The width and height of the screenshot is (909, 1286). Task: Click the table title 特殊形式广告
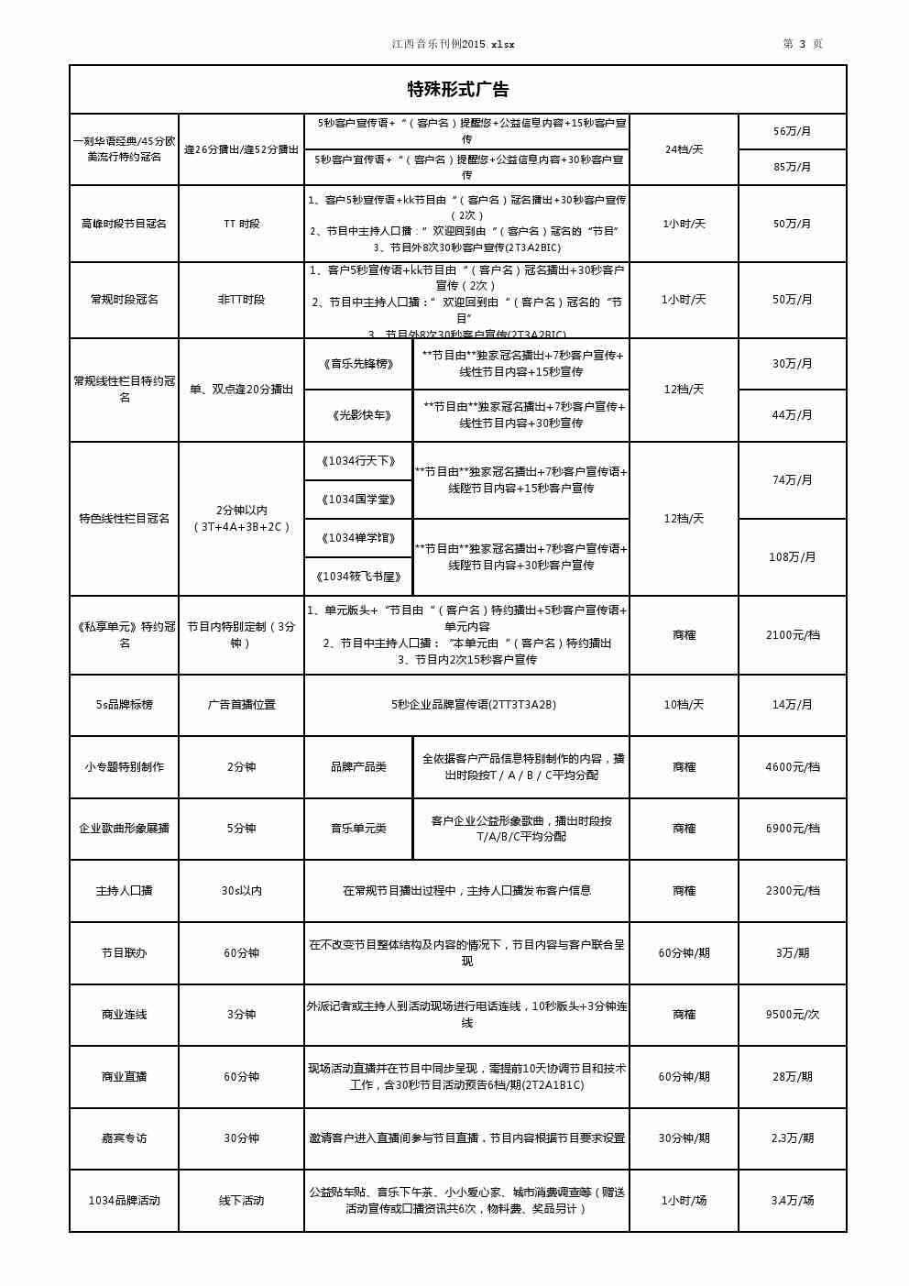click(x=457, y=90)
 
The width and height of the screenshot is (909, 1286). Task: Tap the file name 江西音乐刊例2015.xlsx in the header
click(x=454, y=44)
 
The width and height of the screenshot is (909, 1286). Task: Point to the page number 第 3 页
click(x=802, y=44)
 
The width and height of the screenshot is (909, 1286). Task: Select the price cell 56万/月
click(x=792, y=131)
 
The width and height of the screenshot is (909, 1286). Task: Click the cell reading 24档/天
click(x=684, y=149)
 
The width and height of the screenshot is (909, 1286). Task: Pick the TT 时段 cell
click(x=241, y=224)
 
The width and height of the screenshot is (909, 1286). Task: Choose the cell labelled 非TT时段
click(x=241, y=300)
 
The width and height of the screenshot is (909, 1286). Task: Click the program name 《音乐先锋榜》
click(x=358, y=364)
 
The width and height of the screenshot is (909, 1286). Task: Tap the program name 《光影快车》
click(x=358, y=415)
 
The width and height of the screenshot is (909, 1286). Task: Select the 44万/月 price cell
click(x=792, y=415)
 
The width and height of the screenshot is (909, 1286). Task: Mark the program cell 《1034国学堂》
click(x=358, y=500)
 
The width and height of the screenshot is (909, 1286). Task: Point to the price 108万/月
click(x=792, y=557)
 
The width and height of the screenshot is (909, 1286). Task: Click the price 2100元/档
click(x=792, y=635)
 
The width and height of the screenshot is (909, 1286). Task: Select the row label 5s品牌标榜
click(x=124, y=705)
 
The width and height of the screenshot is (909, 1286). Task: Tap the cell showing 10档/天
click(x=684, y=705)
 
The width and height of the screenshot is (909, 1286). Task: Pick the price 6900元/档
click(x=792, y=829)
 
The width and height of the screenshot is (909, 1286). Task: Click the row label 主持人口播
click(x=124, y=891)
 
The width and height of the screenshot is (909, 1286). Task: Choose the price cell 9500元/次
click(x=792, y=1015)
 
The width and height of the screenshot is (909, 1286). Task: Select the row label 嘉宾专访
click(x=124, y=1138)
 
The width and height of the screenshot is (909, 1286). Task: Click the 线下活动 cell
click(x=241, y=1201)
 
